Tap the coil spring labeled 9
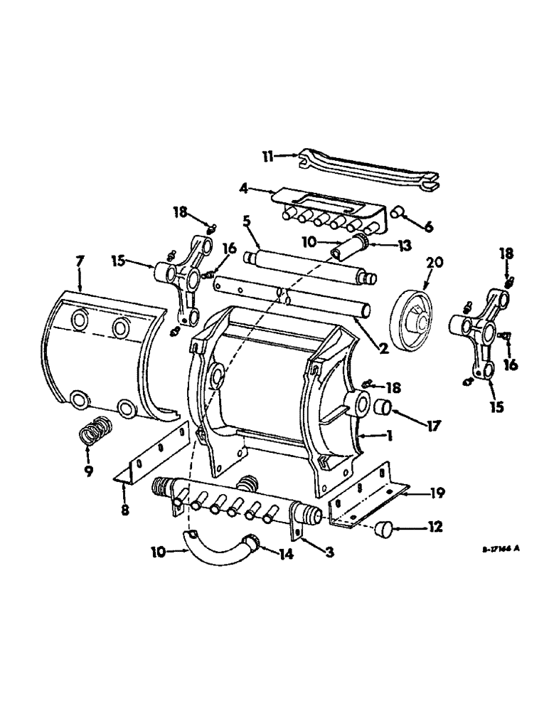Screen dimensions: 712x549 (93, 431)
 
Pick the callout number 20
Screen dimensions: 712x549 (435, 262)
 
